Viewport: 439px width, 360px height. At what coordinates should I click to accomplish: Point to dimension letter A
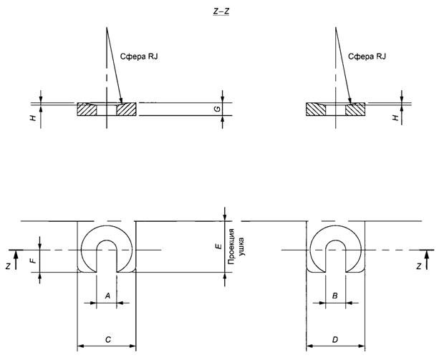[107, 295]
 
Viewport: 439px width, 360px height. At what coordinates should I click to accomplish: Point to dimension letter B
[336, 295]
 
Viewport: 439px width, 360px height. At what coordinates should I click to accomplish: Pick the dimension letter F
[33, 261]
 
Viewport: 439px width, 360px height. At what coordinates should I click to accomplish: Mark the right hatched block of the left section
[126, 110]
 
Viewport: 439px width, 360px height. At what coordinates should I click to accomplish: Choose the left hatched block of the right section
[316, 110]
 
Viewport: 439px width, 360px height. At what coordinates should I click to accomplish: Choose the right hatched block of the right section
[355, 110]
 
